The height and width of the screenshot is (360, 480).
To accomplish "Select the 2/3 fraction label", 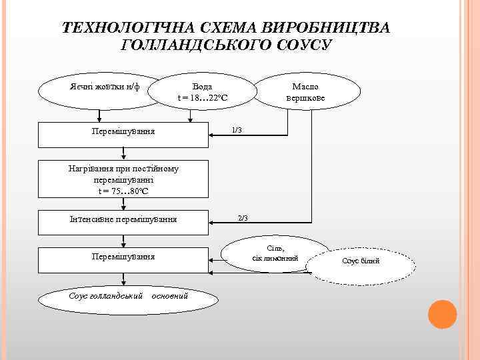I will (243, 218).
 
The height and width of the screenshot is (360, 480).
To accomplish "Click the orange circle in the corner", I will (441, 314).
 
